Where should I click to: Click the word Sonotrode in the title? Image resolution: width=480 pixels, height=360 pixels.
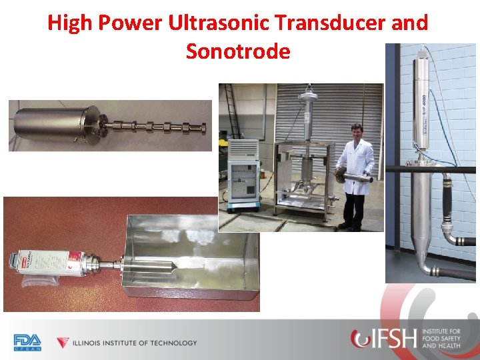tap(238, 51)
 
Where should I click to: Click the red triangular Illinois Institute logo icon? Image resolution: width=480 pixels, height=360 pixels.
tap(63, 343)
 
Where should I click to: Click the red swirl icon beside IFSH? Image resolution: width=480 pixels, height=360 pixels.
tap(361, 339)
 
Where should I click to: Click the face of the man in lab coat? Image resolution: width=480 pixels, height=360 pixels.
tap(357, 131)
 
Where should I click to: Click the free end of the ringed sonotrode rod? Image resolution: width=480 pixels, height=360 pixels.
tap(207, 126)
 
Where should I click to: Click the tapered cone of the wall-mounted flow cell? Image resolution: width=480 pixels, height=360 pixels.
tap(421, 250)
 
